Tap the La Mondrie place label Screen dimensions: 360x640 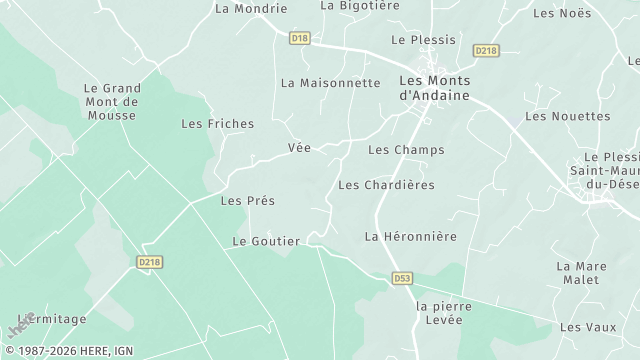pos(251,9)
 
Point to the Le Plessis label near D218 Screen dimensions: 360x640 pos(423,40)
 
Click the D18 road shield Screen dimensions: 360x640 pos(299,38)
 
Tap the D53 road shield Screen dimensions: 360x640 pos(402,278)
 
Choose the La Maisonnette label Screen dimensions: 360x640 pos(331,83)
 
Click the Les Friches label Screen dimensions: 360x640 pos(217,124)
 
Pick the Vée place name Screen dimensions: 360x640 pos(299,148)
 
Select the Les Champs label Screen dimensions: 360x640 pos(406,150)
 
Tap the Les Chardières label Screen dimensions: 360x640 pos(386,185)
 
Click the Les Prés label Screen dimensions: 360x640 pos(247,200)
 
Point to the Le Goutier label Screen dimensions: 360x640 pos(266,241)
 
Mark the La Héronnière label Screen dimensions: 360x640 pos(410,236)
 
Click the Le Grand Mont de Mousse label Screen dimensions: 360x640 pos(111,101)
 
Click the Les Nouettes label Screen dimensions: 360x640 pos(567,116)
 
